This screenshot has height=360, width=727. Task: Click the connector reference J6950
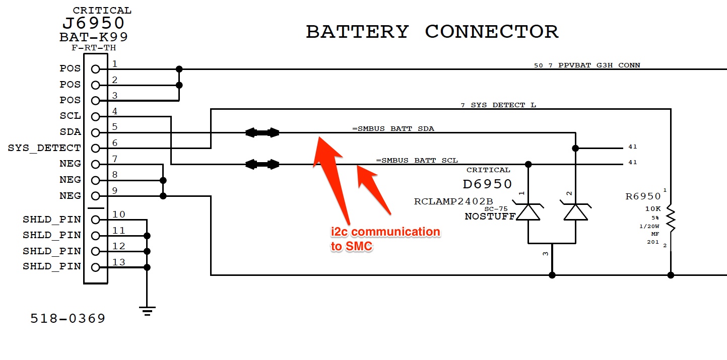click(94, 23)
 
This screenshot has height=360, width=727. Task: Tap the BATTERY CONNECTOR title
click(432, 32)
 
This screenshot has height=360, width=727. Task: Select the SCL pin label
click(70, 116)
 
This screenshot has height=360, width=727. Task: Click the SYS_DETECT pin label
click(44, 148)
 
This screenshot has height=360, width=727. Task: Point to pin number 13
click(118, 262)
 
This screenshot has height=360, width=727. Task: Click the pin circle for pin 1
click(95, 69)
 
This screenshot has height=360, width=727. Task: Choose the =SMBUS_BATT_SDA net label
click(393, 129)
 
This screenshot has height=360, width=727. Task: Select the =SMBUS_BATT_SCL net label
click(417, 160)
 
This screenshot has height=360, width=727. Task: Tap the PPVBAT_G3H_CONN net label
click(599, 65)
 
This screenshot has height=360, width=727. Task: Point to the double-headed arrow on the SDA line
click(262, 132)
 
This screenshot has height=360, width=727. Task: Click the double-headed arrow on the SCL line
click(262, 165)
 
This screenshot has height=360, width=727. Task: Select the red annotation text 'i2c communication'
click(385, 232)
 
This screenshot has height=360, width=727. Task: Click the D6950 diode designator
click(487, 184)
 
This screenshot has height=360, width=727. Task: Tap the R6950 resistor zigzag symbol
click(671, 219)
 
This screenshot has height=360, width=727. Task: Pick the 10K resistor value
click(653, 209)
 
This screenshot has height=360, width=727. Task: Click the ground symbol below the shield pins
click(147, 311)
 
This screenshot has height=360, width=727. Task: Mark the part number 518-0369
click(68, 319)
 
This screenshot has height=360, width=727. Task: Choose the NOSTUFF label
click(490, 217)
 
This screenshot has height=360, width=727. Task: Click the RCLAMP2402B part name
click(453, 201)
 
